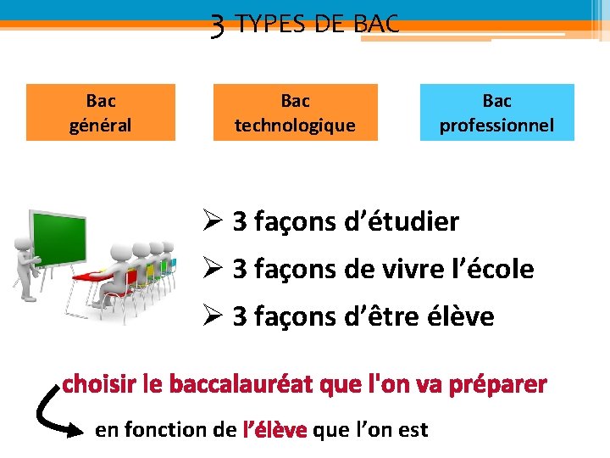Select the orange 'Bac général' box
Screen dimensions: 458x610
click(x=101, y=113)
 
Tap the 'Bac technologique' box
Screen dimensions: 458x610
click(x=295, y=113)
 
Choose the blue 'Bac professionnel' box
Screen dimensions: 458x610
click(x=496, y=113)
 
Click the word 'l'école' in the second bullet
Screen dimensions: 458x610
click(x=496, y=270)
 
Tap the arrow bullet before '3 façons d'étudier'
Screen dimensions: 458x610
click(x=212, y=222)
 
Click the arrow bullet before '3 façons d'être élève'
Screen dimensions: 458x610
click(x=212, y=317)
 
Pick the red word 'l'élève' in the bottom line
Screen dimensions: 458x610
click(x=274, y=430)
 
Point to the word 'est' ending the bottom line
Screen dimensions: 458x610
click(x=413, y=430)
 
